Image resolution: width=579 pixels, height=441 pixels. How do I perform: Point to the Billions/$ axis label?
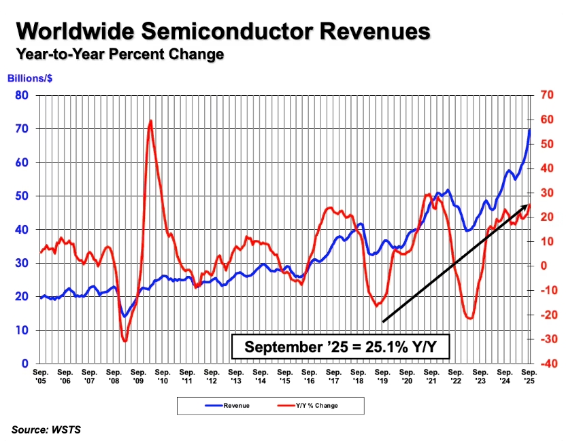click(x=30, y=78)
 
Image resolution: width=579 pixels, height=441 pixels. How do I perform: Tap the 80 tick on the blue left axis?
click(x=22, y=95)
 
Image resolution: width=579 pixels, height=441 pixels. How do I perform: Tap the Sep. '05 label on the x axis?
click(x=41, y=376)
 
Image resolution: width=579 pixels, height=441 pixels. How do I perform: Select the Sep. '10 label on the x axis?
click(x=163, y=376)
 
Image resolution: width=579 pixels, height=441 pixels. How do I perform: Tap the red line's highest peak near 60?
click(x=150, y=120)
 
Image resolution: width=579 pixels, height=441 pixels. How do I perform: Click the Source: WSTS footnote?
click(x=46, y=429)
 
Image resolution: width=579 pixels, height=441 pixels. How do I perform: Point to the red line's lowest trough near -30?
click(x=125, y=340)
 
